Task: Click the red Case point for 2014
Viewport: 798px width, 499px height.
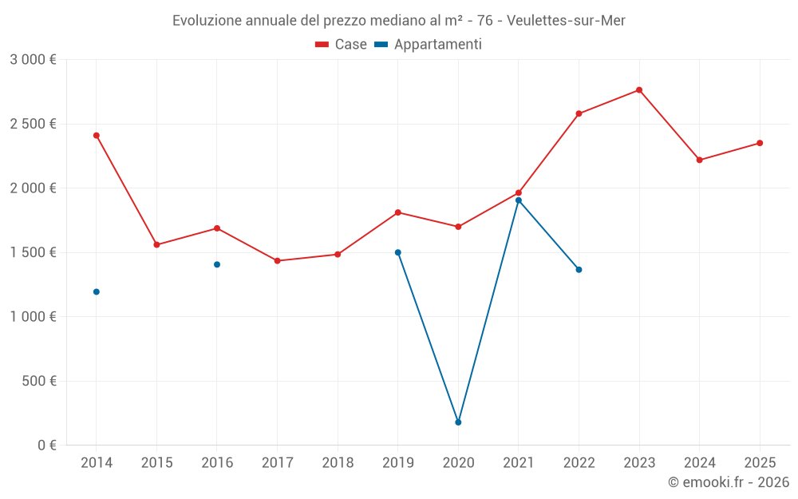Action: pos(97,136)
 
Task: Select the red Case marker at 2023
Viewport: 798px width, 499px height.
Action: pos(639,90)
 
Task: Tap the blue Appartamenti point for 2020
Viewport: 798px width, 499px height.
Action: pos(458,422)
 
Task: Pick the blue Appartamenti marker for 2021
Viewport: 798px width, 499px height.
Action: pos(519,200)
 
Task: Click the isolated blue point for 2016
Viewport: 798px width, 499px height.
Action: pos(217,264)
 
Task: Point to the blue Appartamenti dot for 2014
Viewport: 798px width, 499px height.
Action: pos(97,292)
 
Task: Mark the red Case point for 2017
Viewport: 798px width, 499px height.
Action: pos(277,261)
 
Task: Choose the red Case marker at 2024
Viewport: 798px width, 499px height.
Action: pos(700,160)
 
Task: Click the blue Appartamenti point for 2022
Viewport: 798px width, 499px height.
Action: pos(579,270)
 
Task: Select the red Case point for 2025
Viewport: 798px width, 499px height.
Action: pos(760,143)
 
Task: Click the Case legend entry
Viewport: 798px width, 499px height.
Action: pos(342,45)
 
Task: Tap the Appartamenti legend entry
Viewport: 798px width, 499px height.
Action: pos(429,45)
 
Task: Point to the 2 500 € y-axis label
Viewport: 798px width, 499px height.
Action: pos(33,124)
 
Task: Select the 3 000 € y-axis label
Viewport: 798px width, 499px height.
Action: pos(33,60)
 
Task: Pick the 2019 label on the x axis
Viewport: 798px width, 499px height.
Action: pos(397,462)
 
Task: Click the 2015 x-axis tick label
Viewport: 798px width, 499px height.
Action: pos(156,462)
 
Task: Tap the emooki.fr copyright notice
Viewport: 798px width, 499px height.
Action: pos(728,482)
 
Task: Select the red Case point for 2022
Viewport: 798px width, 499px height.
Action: pos(579,113)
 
